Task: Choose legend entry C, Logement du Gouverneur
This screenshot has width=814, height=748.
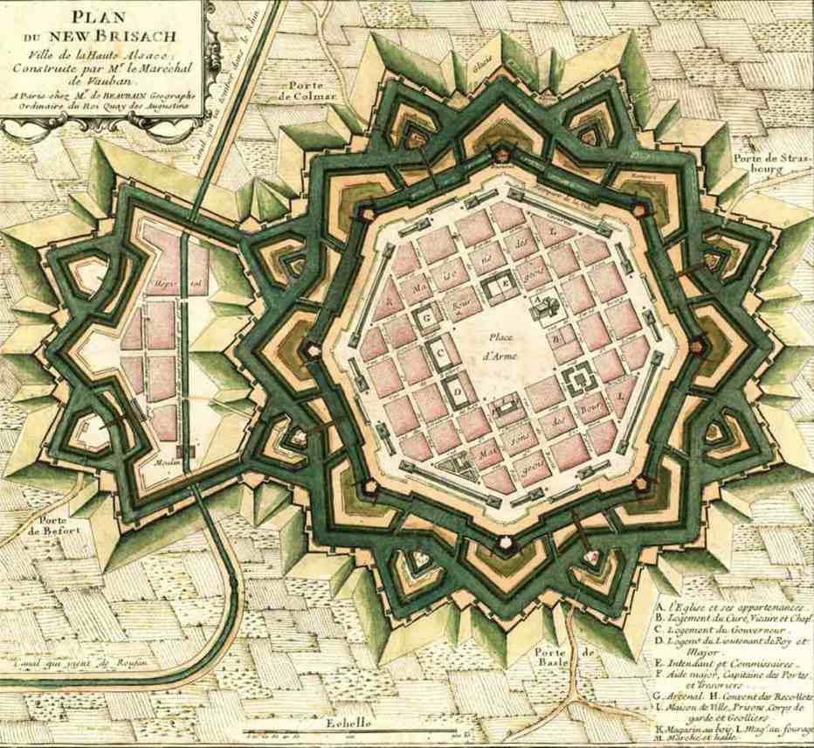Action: tap(725, 629)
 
